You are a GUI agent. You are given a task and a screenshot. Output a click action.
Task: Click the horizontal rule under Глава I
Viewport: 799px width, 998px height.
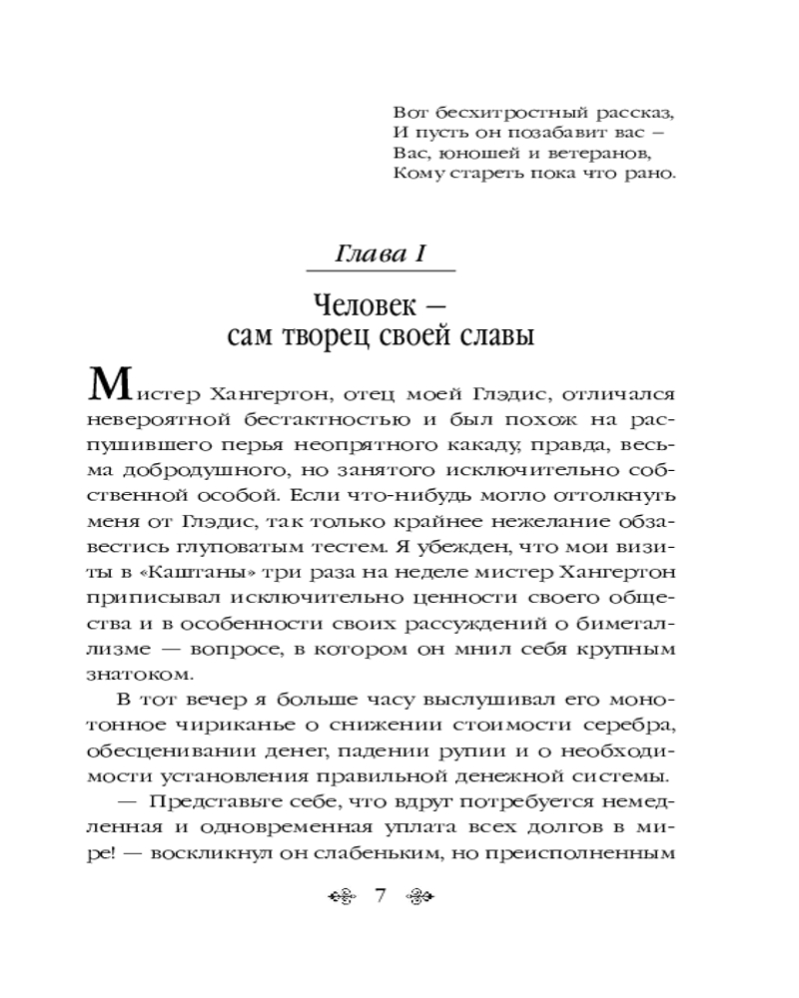click(x=381, y=270)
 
